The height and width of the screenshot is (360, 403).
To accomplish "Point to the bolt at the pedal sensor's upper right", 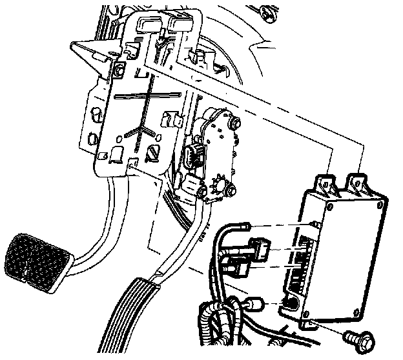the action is click(234, 123).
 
